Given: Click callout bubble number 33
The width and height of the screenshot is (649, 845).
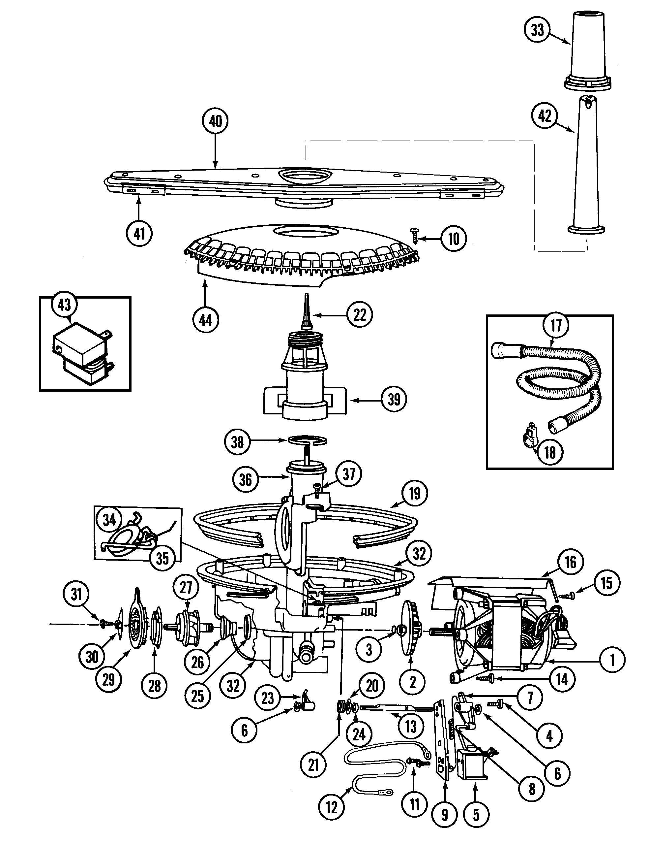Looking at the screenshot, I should click(537, 30).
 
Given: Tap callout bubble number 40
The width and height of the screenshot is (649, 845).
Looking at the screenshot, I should click(215, 121).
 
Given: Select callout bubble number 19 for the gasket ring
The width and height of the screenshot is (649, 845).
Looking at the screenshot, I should click(415, 494).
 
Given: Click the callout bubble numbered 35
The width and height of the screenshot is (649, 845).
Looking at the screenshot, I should click(162, 558).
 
